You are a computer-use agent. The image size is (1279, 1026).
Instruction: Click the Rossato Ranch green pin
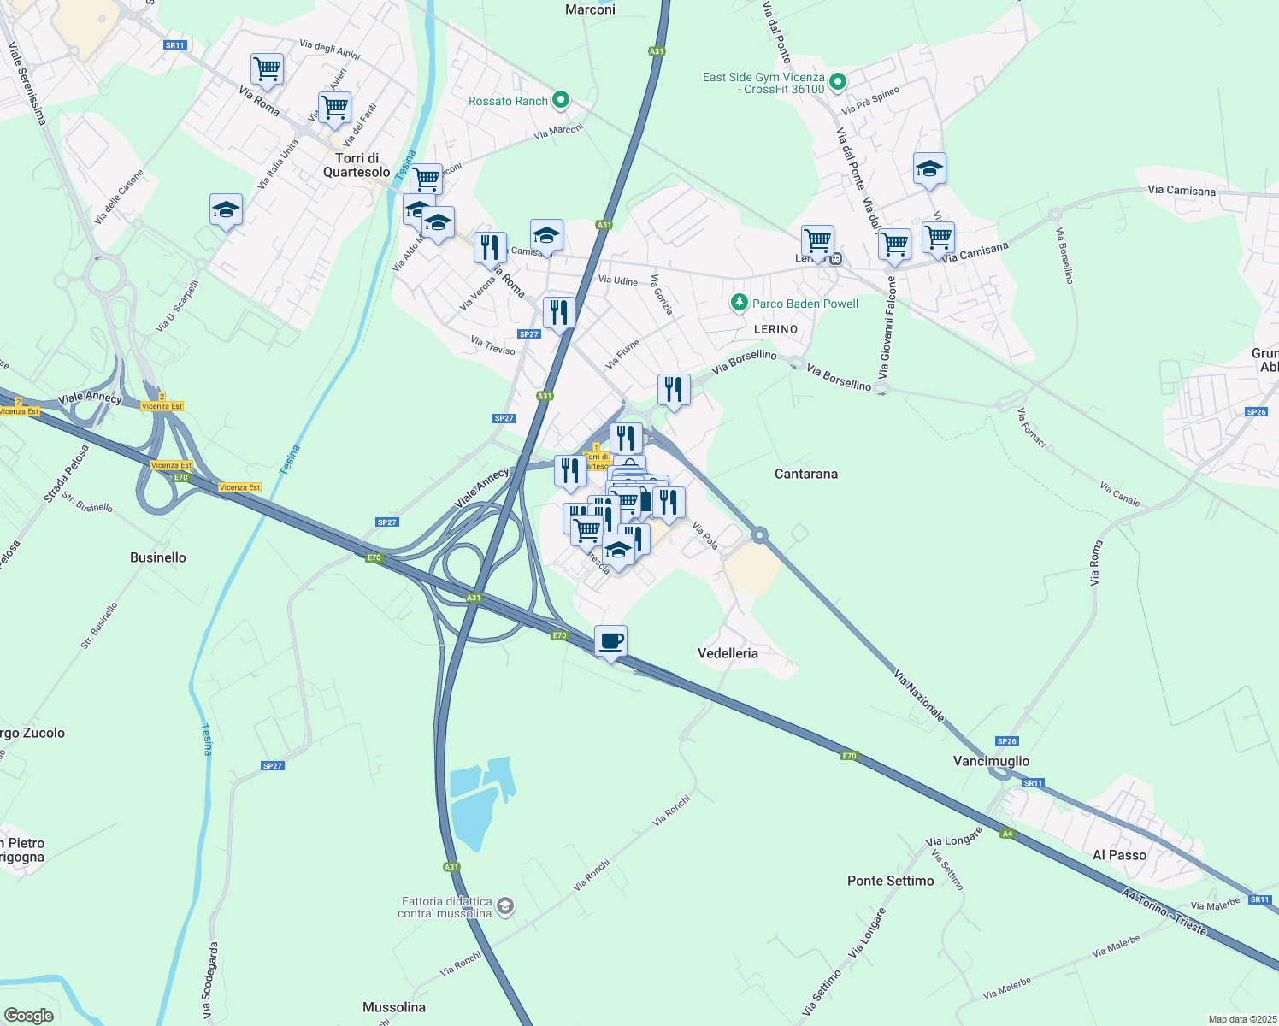click(x=560, y=101)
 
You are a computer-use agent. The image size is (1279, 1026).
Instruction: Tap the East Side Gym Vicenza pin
click(x=838, y=82)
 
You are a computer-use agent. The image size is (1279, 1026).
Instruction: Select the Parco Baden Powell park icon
click(x=739, y=303)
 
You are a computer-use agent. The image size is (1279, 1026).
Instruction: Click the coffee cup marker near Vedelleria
click(x=610, y=641)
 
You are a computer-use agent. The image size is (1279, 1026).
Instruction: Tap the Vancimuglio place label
click(x=991, y=761)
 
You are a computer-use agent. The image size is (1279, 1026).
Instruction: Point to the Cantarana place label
click(x=805, y=474)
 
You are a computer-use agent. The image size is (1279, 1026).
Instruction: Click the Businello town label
click(x=157, y=557)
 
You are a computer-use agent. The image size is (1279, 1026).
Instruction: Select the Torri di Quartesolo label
click(x=357, y=165)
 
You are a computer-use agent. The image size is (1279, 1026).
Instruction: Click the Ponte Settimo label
click(x=890, y=881)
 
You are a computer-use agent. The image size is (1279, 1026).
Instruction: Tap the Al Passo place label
click(x=1119, y=855)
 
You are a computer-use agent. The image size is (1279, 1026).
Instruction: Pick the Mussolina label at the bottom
click(x=393, y=1007)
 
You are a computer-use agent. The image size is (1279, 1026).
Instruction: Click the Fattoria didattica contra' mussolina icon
click(x=505, y=906)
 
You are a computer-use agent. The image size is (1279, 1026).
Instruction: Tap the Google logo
click(x=28, y=1016)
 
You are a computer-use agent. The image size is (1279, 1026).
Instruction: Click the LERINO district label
click(x=775, y=329)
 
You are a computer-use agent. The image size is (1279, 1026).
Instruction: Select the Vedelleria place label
click(x=728, y=653)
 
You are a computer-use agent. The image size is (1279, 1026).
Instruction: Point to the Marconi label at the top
click(x=590, y=9)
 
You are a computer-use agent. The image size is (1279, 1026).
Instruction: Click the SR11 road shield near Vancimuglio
click(x=1033, y=782)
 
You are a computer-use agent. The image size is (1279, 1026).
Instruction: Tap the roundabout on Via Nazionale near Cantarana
click(x=759, y=535)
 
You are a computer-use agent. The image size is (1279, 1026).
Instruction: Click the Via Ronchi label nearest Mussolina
click(x=461, y=965)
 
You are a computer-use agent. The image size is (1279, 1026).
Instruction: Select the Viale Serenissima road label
click(x=27, y=82)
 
